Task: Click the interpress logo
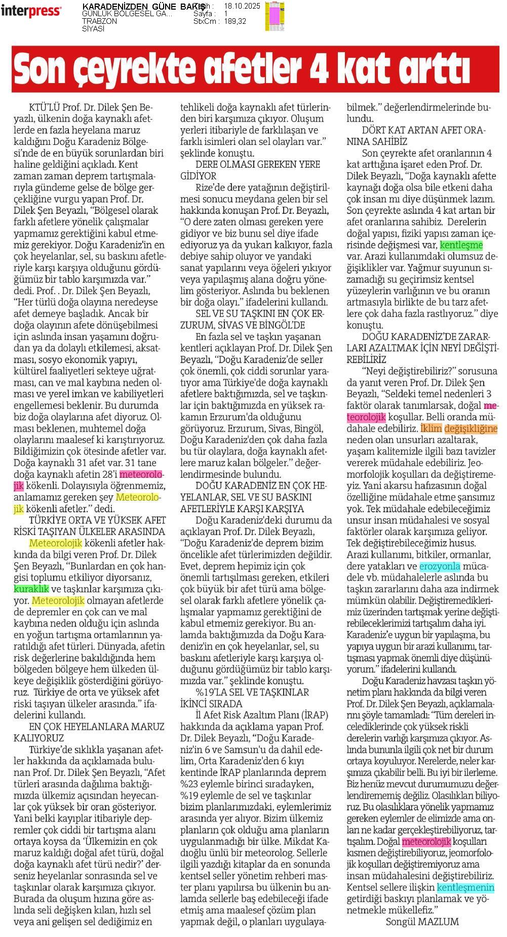pos(31,11)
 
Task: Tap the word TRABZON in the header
pos(99,21)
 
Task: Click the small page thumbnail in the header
pos(274,16)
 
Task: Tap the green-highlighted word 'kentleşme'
pos(461,245)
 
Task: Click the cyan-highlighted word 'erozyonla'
pos(440,566)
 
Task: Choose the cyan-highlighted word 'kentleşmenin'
pos(465,887)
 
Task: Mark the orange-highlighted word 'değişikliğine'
pos(471,429)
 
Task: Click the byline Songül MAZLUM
pos(422,922)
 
